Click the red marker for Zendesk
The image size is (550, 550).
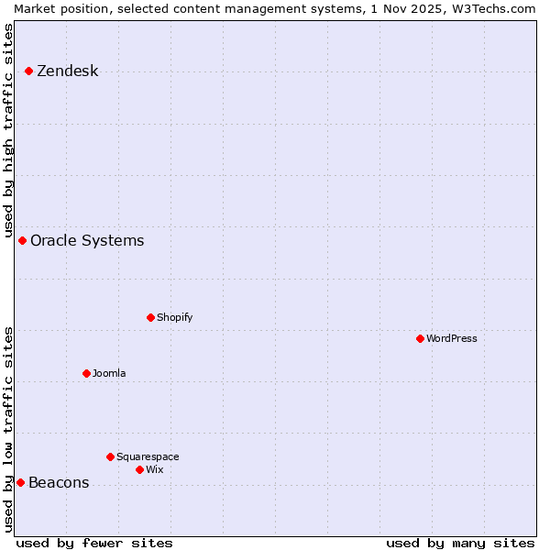point(28,71)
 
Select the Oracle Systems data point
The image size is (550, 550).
point(22,240)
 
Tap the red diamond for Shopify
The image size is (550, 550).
point(150,317)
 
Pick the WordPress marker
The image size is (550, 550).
point(420,338)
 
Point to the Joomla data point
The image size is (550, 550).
point(86,373)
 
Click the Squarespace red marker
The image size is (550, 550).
point(110,456)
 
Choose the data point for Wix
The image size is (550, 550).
point(139,469)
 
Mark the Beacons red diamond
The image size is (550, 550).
point(20,482)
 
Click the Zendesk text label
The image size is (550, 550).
point(67,71)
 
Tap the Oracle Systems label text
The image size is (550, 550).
point(87,241)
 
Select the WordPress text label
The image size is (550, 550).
point(452,338)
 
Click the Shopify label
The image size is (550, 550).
point(174,317)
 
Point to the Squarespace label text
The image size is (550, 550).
point(148,456)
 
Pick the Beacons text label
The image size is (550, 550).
point(59,483)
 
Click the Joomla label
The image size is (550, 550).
point(109,373)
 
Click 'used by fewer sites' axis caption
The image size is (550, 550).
point(94,543)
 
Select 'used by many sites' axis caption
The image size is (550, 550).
point(460,543)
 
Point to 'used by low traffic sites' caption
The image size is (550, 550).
point(8,428)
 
